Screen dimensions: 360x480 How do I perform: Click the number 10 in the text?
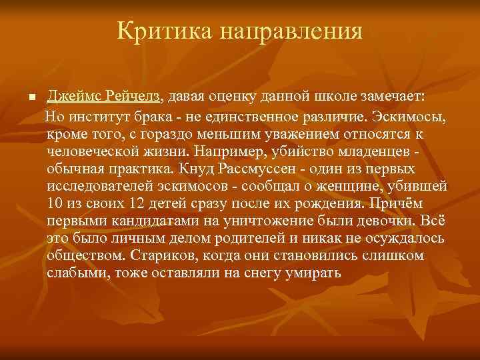click(55, 203)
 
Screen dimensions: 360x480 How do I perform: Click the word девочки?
click(377, 221)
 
